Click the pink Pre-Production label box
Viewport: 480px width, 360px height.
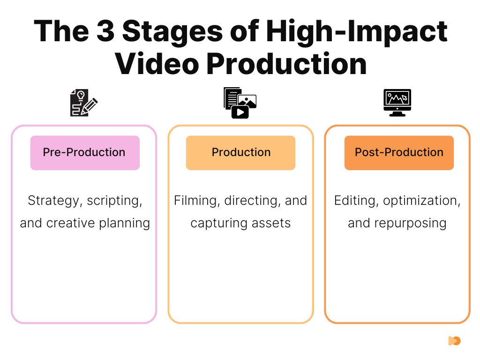[x=85, y=152]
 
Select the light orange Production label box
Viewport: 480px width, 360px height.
[x=240, y=152]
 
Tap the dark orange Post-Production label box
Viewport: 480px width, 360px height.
[x=399, y=152]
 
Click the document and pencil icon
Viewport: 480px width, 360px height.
[x=84, y=103]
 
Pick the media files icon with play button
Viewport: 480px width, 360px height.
[x=240, y=103]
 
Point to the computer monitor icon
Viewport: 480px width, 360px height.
[x=397, y=103]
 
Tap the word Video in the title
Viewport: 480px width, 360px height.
[x=157, y=63]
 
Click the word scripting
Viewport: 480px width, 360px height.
[x=115, y=201]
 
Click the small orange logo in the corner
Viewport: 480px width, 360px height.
[x=454, y=341]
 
